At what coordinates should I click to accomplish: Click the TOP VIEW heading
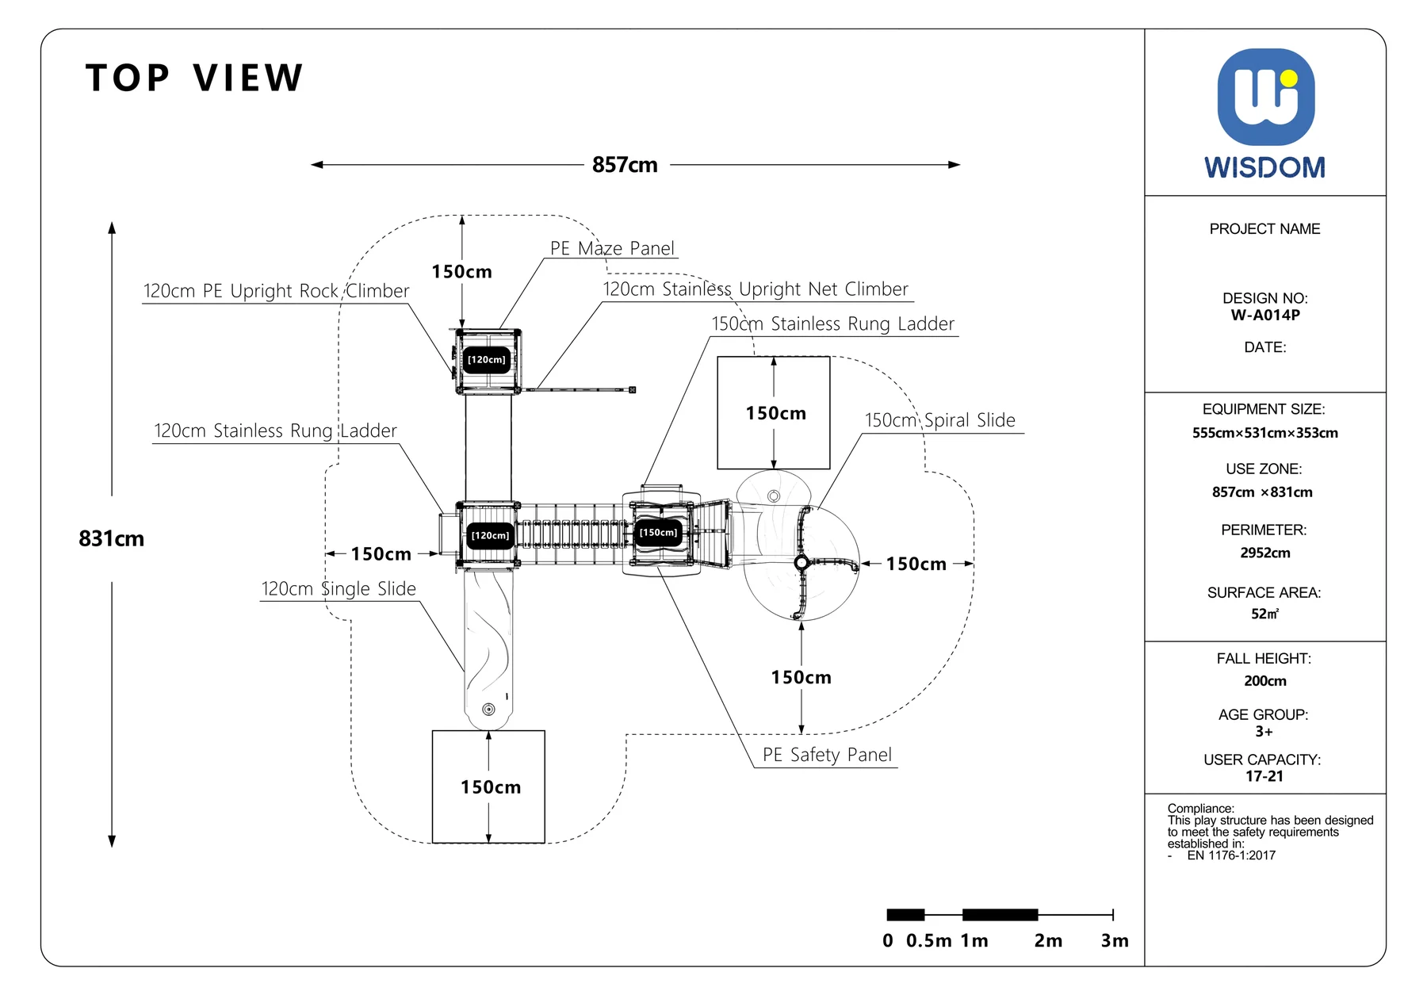(x=194, y=78)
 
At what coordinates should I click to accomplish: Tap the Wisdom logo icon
(x=1265, y=97)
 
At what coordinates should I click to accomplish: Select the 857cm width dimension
(x=625, y=165)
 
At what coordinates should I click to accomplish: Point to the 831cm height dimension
(x=111, y=539)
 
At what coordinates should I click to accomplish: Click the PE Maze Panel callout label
(x=612, y=248)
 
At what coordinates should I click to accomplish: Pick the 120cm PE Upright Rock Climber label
(x=276, y=291)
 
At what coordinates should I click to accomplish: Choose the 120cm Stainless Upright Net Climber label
(x=756, y=289)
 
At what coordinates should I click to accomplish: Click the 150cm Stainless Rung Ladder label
(x=832, y=323)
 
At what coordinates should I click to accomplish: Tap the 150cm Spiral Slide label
(x=939, y=420)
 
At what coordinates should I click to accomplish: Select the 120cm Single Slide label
(x=339, y=588)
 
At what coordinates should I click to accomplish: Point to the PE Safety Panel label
(x=827, y=755)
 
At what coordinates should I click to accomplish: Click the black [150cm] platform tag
(x=659, y=533)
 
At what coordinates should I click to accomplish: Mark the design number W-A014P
(x=1265, y=315)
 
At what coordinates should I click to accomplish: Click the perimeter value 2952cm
(x=1265, y=553)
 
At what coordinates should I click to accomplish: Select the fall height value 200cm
(x=1265, y=681)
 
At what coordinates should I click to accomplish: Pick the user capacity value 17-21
(x=1264, y=776)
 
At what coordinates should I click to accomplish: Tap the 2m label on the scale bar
(x=1048, y=941)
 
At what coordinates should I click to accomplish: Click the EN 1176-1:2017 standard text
(x=1231, y=855)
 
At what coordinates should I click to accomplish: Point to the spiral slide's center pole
(x=801, y=563)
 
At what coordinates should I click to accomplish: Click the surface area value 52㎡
(x=1265, y=614)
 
